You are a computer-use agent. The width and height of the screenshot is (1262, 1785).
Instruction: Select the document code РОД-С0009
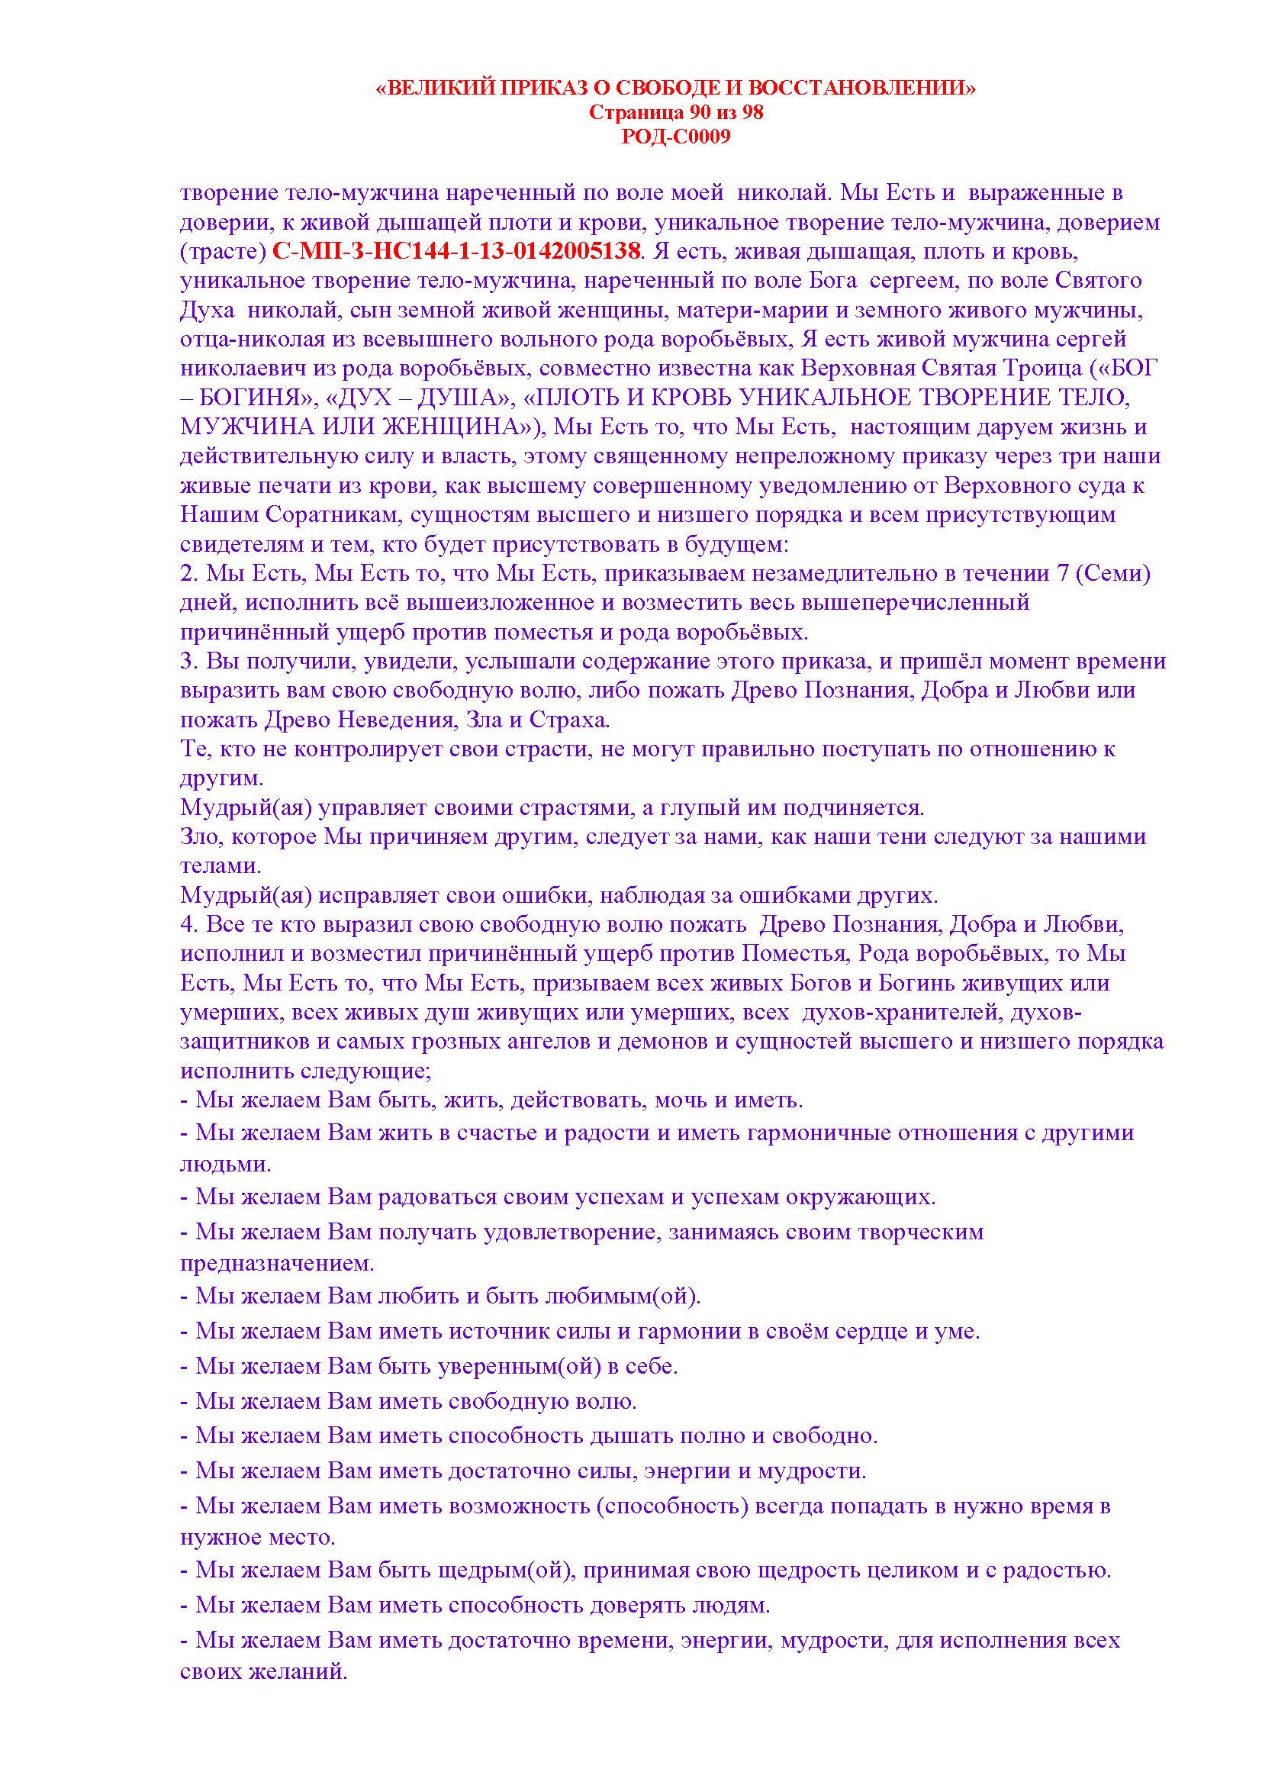pos(676,137)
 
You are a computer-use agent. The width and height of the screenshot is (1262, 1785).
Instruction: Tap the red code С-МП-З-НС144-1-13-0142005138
pos(459,251)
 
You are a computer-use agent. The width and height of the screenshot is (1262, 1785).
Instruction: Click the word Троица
pos(1042,369)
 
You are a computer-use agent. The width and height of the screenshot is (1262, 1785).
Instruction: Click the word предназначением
pos(277,1264)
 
